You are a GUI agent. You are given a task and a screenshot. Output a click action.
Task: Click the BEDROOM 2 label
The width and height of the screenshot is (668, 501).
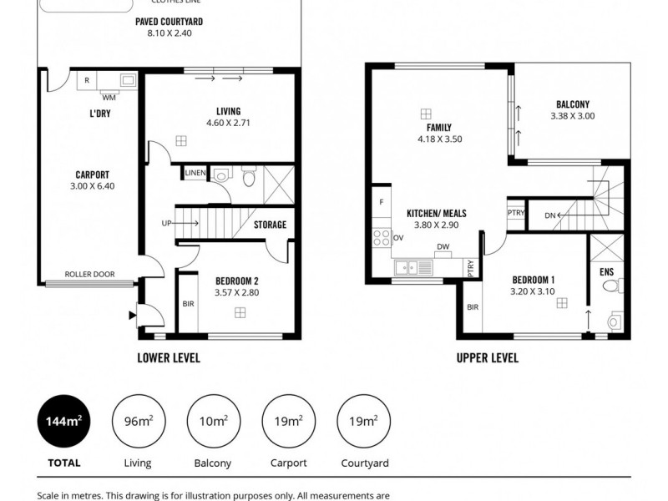click(236, 281)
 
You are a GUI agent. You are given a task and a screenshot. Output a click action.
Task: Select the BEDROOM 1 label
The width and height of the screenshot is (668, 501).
click(534, 279)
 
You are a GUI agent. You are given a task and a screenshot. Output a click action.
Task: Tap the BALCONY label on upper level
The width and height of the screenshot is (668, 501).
click(573, 104)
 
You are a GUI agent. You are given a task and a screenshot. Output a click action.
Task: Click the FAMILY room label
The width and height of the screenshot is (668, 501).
click(438, 128)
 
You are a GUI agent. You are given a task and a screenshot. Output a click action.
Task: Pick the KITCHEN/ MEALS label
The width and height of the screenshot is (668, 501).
click(436, 214)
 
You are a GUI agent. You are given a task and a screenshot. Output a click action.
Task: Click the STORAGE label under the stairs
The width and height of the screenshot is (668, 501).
click(270, 225)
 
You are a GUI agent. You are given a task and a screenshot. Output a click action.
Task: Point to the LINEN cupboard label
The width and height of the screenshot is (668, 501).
click(195, 173)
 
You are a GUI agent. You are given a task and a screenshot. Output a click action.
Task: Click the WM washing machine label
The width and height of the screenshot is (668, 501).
click(109, 97)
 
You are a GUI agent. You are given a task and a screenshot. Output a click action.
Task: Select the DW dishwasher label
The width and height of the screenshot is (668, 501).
click(442, 246)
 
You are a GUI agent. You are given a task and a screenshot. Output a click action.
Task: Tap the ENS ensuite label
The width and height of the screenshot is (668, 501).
click(606, 272)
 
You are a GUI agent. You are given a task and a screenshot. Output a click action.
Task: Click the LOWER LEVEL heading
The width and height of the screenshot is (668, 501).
click(168, 357)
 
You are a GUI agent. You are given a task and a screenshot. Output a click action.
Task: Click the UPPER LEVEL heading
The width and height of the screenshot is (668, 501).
click(487, 357)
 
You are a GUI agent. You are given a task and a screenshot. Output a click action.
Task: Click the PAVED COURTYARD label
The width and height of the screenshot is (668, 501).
click(169, 22)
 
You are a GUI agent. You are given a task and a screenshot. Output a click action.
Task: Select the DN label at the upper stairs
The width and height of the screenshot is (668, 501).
click(549, 215)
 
